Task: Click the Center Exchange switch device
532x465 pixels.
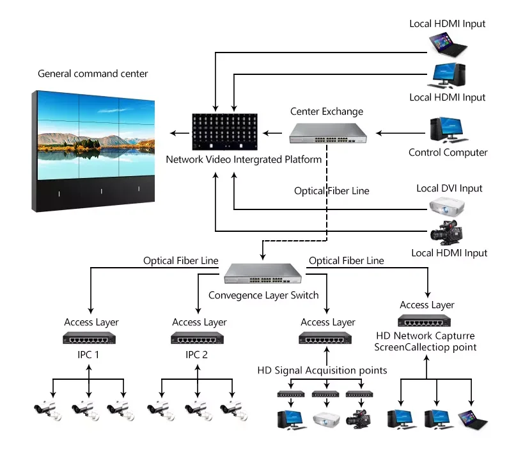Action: pyautogui.click(x=328, y=132)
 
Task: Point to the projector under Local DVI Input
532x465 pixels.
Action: pyautogui.click(x=446, y=207)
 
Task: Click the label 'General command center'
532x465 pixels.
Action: pyautogui.click(x=93, y=74)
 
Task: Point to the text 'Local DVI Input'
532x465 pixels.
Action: pyautogui.click(x=449, y=188)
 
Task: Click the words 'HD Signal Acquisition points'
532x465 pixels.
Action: pyautogui.click(x=322, y=370)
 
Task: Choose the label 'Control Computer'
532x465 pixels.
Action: pyautogui.click(x=448, y=152)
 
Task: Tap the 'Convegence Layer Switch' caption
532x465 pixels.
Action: pyautogui.click(x=263, y=295)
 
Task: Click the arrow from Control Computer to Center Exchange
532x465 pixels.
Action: pyautogui.click(x=400, y=133)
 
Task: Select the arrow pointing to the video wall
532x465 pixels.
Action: pyautogui.click(x=180, y=133)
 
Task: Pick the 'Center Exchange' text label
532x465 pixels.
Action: pyautogui.click(x=326, y=111)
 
